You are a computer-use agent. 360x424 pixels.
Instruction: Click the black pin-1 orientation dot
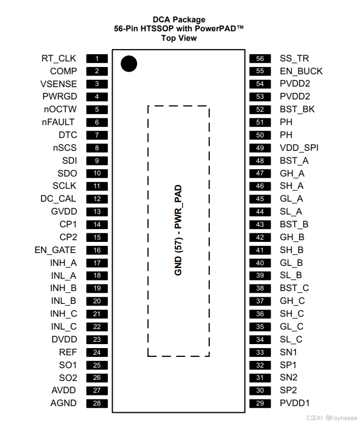pyautogui.click(x=129, y=64)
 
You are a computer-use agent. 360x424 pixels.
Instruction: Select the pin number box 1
pyautogui.click(x=97, y=58)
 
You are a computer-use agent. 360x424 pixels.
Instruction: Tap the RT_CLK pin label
pyautogui.click(x=59, y=58)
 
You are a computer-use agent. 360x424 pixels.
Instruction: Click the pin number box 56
pyautogui.click(x=260, y=58)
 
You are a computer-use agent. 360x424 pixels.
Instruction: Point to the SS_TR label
pyautogui.click(x=294, y=58)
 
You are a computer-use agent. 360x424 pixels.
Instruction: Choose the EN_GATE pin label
pyautogui.click(x=55, y=250)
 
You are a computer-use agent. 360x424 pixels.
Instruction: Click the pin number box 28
pyautogui.click(x=97, y=403)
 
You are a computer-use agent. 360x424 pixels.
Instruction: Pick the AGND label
pyautogui.click(x=63, y=403)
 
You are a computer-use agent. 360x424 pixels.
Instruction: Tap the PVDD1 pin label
pyautogui.click(x=295, y=403)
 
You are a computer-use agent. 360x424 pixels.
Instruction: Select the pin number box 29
pyautogui.click(x=260, y=403)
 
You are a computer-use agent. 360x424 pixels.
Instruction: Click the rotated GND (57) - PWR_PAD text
pyautogui.click(x=179, y=231)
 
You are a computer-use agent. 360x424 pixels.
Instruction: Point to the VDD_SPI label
pyautogui.click(x=299, y=147)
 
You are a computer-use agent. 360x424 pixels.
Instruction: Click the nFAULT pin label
pyautogui.click(x=59, y=122)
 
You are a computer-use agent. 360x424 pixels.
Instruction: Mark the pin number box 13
pyautogui.click(x=97, y=211)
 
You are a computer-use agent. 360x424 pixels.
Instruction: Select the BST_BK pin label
pyautogui.click(x=297, y=109)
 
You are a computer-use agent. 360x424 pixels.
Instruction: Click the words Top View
pyautogui.click(x=179, y=38)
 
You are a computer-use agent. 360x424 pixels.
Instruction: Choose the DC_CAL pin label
pyautogui.click(x=58, y=198)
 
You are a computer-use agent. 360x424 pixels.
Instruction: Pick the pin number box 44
pyautogui.click(x=260, y=211)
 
